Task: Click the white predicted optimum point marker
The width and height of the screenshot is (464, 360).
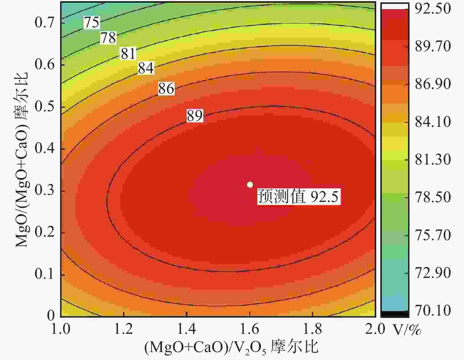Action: tap(250, 185)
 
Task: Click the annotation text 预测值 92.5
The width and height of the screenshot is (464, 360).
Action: tap(298, 196)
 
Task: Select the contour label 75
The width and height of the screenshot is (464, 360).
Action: tap(92, 22)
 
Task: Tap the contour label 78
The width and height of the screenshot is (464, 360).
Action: tap(108, 38)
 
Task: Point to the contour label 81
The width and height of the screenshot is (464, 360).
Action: tap(128, 54)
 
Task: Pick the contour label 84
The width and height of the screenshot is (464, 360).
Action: tap(146, 68)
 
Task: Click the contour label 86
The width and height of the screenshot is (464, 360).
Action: tap(166, 89)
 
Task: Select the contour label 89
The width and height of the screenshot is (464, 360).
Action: tap(195, 116)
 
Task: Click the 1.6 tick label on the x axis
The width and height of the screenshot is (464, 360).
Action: tap(250, 329)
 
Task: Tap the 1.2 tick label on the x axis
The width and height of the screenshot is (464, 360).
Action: tap(124, 329)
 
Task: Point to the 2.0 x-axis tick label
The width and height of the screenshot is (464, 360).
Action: tap(375, 329)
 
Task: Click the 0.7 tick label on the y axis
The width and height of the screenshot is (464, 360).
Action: tap(45, 22)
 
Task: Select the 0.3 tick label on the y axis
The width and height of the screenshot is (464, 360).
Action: tap(45, 190)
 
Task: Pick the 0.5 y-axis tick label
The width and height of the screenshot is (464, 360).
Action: tap(45, 107)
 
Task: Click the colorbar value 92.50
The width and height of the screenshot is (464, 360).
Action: tap(432, 9)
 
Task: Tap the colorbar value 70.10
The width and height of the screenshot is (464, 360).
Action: tap(432, 311)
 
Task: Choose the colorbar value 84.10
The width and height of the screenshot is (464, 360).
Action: tap(432, 122)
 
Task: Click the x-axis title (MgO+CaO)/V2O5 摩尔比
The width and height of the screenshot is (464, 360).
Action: tap(231, 347)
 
